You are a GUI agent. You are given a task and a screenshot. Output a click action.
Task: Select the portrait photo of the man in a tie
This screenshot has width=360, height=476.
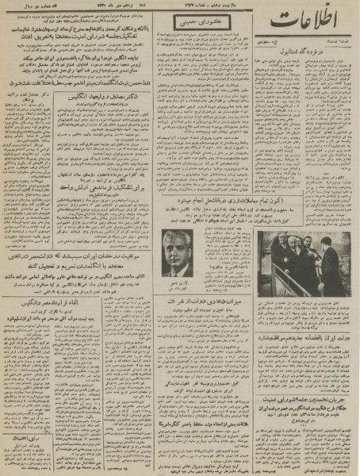(x=177, y=253)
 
